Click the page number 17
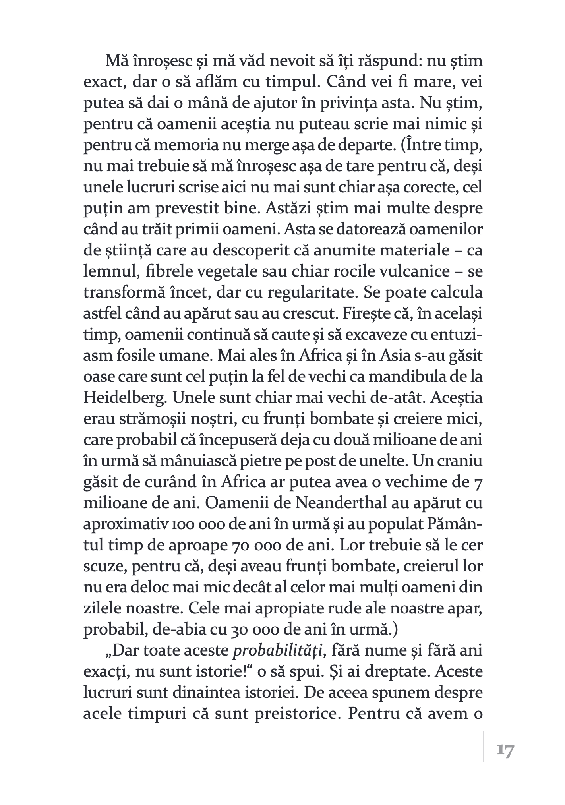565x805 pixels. (505, 751)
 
